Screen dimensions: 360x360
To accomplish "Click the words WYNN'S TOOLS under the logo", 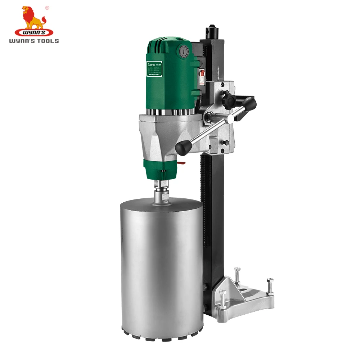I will (x=34, y=41).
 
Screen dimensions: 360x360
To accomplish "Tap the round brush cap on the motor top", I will (x=184, y=51).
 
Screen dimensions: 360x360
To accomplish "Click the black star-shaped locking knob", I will (x=229, y=99).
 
